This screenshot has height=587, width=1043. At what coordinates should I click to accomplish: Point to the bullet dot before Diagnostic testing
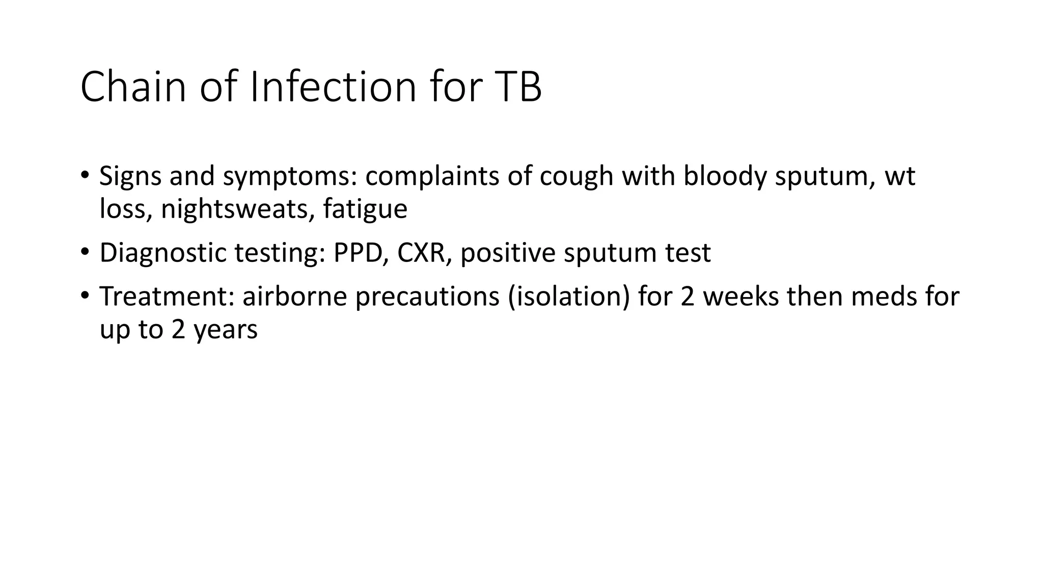coord(85,251)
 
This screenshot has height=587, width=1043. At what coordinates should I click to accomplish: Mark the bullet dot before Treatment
coord(85,295)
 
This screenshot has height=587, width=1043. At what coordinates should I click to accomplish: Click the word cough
coord(576,176)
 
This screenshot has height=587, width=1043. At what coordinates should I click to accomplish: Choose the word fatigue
coord(365,209)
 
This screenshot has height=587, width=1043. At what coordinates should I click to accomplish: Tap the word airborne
coord(294,297)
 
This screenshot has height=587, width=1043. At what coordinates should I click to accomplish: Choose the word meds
coord(882,297)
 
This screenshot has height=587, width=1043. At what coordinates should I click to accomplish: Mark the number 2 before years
coord(178,330)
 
